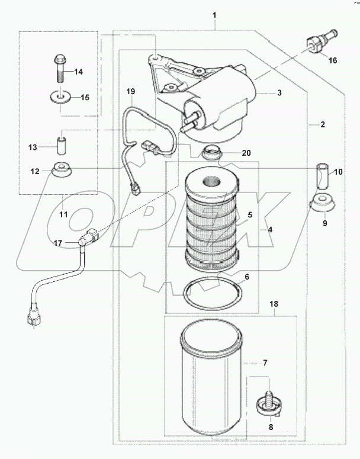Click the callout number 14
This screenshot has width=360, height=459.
coord(79,72)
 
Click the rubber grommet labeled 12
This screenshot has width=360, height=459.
coord(61,171)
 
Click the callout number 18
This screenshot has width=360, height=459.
coord(274,304)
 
